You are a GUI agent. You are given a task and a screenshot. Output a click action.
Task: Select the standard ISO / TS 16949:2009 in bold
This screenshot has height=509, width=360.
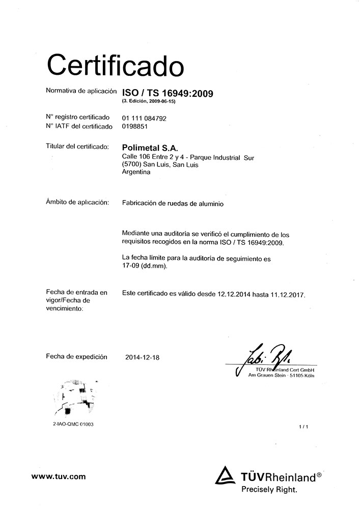click(x=168, y=93)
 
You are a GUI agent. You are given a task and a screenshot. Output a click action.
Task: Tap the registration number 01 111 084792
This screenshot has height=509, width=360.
click(x=145, y=118)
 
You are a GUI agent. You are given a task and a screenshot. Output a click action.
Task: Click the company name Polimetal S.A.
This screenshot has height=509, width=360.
click(x=148, y=148)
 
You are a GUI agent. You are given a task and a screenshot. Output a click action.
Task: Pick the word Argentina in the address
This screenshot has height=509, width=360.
click(x=137, y=172)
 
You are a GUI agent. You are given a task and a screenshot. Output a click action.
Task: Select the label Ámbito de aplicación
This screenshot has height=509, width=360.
click(x=77, y=203)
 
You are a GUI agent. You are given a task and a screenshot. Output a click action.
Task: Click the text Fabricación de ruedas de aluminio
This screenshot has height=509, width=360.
click(x=173, y=203)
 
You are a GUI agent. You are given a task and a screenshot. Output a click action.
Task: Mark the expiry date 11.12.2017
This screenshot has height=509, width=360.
click(x=287, y=294)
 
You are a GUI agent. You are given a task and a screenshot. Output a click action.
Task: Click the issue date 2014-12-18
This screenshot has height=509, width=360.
click(x=142, y=357)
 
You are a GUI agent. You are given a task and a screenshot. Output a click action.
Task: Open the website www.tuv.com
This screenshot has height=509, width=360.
click(x=58, y=477)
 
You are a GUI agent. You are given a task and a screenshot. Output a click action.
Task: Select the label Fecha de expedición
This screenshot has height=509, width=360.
click(x=76, y=357)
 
